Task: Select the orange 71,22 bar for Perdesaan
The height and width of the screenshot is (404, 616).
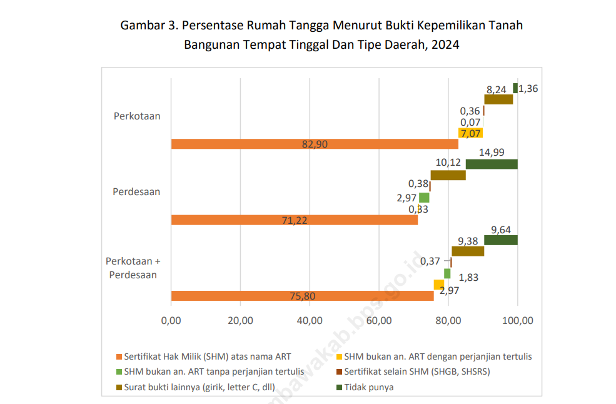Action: click(x=294, y=220)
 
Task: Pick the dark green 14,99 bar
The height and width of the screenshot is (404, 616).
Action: click(x=492, y=164)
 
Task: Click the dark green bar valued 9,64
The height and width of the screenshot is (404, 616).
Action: click(x=501, y=240)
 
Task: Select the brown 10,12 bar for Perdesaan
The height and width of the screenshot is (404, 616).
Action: click(x=448, y=175)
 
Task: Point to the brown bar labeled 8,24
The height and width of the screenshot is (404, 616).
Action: click(x=498, y=99)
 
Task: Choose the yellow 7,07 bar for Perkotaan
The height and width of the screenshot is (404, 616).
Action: click(x=470, y=133)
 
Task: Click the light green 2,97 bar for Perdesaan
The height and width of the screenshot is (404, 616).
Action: click(x=424, y=198)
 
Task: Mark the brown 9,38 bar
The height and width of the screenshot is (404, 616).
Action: click(x=468, y=251)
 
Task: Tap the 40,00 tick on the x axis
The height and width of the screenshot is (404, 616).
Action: click(x=310, y=321)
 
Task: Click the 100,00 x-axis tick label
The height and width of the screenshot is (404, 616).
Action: click(x=517, y=321)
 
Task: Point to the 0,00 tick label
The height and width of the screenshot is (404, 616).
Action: click(x=171, y=321)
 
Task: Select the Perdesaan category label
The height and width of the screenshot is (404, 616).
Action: click(x=136, y=191)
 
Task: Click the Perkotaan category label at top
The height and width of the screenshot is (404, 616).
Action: click(x=137, y=116)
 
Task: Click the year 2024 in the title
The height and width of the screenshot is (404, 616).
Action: click(x=445, y=45)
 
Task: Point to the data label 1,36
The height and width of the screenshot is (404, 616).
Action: click(x=528, y=88)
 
